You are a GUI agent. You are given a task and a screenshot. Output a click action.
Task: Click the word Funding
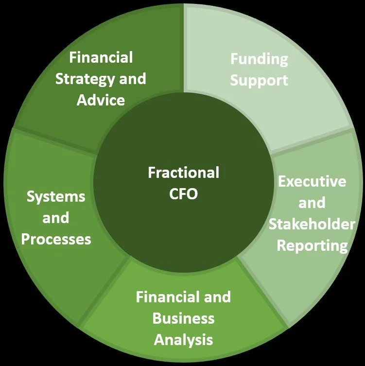[259, 59]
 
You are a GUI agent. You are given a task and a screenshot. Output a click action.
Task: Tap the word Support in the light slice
[259, 80]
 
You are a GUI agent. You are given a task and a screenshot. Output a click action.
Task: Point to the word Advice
[101, 100]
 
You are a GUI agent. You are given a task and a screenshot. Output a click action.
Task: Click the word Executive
[312, 181]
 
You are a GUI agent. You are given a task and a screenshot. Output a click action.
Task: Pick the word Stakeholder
[312, 224]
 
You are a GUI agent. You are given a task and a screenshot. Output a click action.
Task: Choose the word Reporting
[312, 245]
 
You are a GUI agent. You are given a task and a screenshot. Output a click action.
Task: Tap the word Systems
[56, 197]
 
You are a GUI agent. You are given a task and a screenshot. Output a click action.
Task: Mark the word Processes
[56, 239]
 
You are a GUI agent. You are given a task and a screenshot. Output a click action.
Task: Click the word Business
[183, 318]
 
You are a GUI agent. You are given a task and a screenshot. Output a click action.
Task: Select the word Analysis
[183, 339]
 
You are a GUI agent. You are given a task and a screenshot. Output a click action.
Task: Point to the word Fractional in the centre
[183, 173]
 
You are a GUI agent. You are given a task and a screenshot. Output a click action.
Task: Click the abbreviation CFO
[183, 193]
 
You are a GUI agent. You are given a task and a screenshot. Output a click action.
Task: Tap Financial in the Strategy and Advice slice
[101, 57]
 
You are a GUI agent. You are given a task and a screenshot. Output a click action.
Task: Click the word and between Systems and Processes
[56, 218]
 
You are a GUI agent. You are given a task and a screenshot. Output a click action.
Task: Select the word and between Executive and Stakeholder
[312, 203]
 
